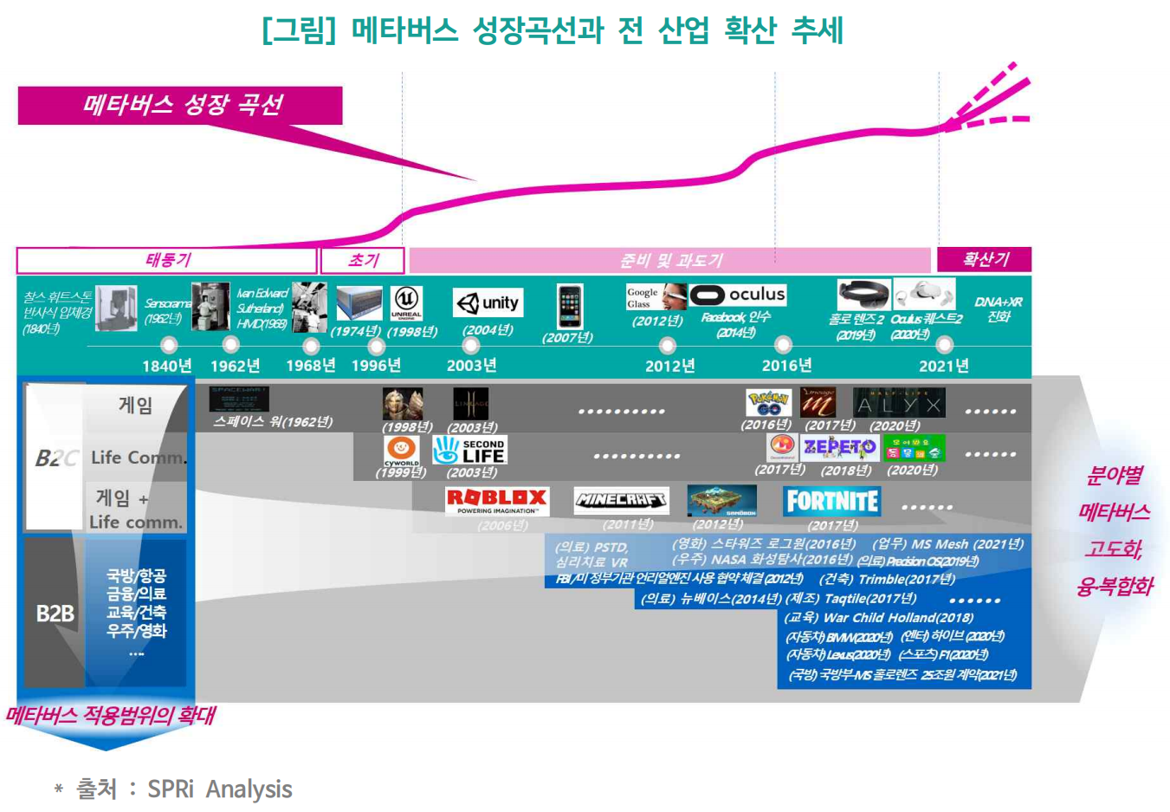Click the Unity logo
tap(488, 302)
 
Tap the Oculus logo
tap(738, 295)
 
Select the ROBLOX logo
tap(496, 499)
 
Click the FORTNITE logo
tap(831, 501)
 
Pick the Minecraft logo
tap(621, 500)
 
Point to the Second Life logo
tap(470, 450)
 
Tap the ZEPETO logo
tap(839, 446)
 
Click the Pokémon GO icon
tap(768, 403)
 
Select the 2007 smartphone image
tap(569, 306)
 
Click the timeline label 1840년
tap(166, 366)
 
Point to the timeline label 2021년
tap(943, 366)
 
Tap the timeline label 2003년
tap(471, 366)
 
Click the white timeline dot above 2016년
tap(783, 344)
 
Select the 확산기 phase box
tap(984, 259)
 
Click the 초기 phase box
tap(363, 260)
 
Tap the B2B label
tap(55, 614)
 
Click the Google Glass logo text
tap(642, 298)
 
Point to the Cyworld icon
tap(401, 450)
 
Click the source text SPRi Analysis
tap(219, 789)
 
